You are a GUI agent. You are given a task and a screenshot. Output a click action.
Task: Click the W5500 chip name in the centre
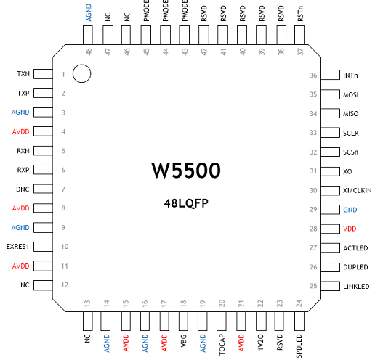click(x=186, y=171)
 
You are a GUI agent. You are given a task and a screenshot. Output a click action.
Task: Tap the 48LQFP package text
click(x=186, y=203)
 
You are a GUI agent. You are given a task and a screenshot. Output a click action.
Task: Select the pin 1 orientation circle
click(x=81, y=73)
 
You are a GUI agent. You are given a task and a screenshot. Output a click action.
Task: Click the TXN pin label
click(x=23, y=74)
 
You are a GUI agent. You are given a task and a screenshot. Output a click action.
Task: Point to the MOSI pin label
click(x=351, y=95)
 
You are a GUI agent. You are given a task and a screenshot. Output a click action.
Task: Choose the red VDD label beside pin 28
click(x=350, y=229)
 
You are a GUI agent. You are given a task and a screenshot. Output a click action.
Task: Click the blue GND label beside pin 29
click(x=350, y=210)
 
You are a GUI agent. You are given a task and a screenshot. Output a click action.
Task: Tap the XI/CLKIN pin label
click(x=358, y=191)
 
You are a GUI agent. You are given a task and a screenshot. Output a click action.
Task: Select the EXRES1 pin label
click(x=17, y=247)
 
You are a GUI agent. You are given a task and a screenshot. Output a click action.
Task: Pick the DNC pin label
click(x=23, y=189)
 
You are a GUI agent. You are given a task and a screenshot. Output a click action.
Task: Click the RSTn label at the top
click(x=300, y=14)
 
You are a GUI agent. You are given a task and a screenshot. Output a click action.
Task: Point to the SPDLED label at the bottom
click(x=299, y=346)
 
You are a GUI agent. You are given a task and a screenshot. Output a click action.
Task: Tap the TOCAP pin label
click(x=222, y=345)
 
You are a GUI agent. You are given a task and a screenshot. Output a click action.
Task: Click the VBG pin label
click(x=184, y=341)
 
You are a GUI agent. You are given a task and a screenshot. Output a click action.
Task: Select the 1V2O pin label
click(x=260, y=343)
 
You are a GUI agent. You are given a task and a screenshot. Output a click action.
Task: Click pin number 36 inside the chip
click(x=313, y=75)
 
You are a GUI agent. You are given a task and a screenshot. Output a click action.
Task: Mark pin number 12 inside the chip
click(x=65, y=285)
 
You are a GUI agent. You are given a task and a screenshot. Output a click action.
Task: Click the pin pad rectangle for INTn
click(x=330, y=75)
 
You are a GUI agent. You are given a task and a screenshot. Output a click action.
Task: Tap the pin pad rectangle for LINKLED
click(x=330, y=286)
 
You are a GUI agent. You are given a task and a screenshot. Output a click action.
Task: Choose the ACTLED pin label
click(x=355, y=248)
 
